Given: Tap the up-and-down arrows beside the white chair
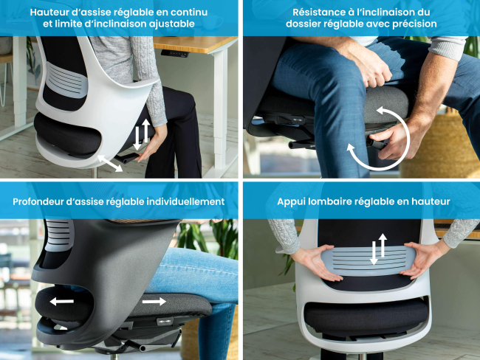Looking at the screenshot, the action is click(142, 134).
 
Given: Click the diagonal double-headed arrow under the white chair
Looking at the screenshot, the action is click(110, 163).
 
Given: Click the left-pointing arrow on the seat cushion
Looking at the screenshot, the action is click(61, 302).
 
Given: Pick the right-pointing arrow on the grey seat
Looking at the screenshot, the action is click(154, 302).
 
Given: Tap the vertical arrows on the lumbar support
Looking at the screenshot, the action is click(378, 249).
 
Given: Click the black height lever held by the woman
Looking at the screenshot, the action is click(127, 159).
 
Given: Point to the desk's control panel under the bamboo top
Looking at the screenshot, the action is click(174, 53).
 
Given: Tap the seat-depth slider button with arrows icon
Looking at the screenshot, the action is click(165, 322).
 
